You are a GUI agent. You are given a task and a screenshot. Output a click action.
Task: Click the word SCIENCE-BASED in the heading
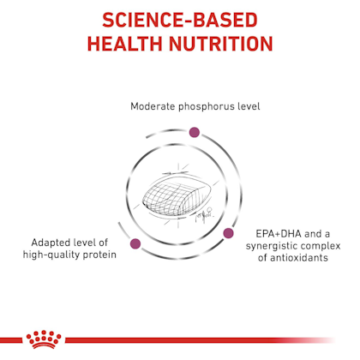coord(180,20)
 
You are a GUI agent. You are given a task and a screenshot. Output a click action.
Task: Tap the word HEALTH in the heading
coord(125,44)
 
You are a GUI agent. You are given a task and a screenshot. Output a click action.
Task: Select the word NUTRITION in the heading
coord(221,44)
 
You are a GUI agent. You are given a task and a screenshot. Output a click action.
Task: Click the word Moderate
coord(153,106)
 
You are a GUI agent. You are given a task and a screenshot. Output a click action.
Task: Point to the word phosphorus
coord(202,107)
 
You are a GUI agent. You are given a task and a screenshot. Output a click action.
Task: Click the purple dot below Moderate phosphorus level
coord(195,132)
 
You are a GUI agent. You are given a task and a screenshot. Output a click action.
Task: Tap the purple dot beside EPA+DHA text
coord(228,233)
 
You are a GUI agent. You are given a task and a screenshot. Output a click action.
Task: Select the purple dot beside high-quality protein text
coord(135,243)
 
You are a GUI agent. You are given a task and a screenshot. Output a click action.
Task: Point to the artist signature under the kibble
coord(203,215)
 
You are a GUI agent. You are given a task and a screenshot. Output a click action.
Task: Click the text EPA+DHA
coord(279,234)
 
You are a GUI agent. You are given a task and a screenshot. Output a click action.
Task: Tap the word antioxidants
coord(299,258)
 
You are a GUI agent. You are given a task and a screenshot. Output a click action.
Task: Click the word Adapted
coord(51,243)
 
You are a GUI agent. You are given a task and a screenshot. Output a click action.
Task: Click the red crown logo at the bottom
coord(44,339)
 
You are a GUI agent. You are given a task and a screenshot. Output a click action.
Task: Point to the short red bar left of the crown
coord(11,340)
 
